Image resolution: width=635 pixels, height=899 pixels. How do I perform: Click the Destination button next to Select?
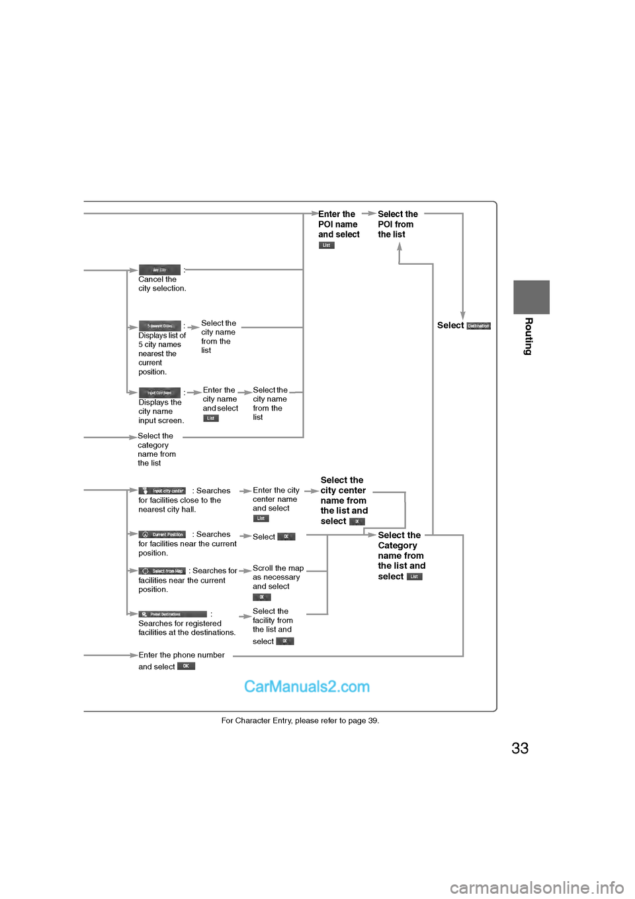point(478,326)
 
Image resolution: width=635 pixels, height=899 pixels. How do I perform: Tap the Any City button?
point(159,270)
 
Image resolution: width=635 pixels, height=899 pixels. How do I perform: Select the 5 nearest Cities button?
point(159,326)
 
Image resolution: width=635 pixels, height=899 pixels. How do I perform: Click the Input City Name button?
point(159,393)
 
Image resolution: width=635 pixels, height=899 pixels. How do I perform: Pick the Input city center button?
point(162,491)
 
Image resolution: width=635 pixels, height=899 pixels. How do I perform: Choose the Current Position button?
point(162,534)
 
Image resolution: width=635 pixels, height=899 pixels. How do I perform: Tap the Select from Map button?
point(162,571)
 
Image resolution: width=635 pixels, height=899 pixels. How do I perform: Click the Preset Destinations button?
point(173,614)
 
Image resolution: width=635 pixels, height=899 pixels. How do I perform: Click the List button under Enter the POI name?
point(326,245)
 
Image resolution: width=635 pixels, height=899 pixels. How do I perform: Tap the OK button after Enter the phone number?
point(186,666)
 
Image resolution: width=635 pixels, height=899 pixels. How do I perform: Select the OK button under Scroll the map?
point(261,597)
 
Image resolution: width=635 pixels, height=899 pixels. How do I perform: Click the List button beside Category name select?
point(414,577)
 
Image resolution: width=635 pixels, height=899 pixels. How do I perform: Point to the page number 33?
point(520,748)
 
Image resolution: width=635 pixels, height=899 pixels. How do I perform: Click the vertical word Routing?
point(529,336)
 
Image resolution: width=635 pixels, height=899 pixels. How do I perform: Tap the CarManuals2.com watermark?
point(307,686)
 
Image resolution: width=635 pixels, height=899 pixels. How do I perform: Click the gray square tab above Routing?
point(531,297)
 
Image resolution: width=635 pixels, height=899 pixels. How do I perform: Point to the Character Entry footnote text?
point(300,720)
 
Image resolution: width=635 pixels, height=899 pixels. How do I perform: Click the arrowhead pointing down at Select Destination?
point(462,316)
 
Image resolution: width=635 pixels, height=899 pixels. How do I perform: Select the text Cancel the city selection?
point(162,284)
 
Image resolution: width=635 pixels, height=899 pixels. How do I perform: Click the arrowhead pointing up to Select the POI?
point(399,247)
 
